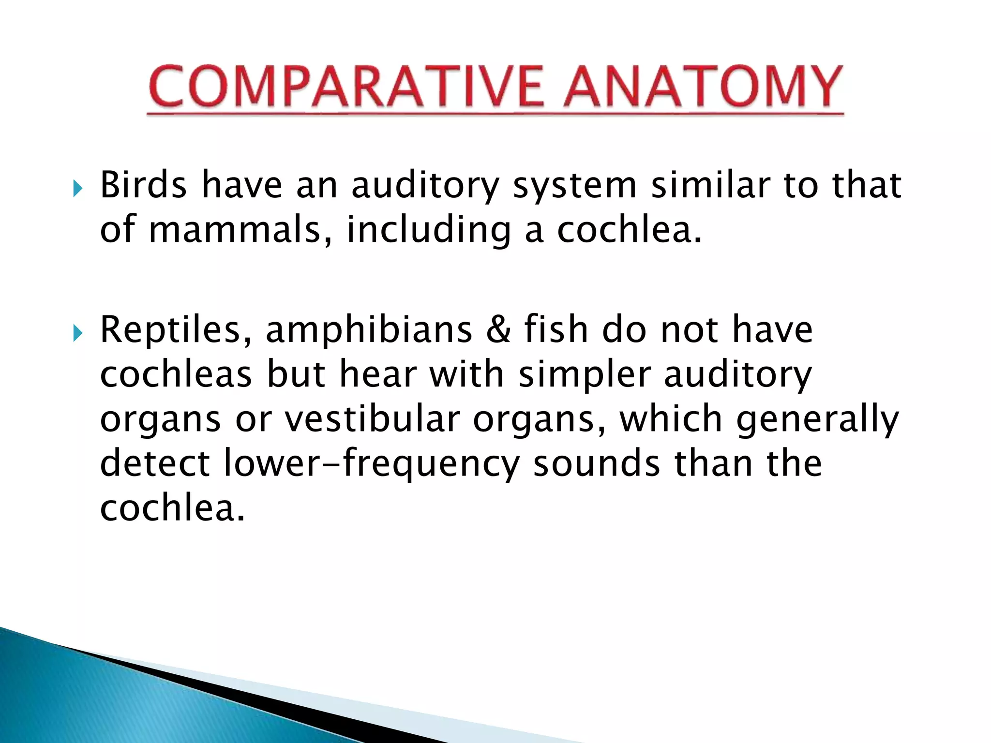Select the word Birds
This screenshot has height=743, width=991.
[143, 185]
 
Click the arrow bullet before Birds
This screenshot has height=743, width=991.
[77, 188]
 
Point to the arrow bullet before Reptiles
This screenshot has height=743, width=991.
[77, 333]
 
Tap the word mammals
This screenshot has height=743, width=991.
[235, 230]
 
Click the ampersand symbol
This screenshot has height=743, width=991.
[498, 330]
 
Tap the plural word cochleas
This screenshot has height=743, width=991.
[176, 374]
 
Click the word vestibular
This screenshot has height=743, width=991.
[372, 419]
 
